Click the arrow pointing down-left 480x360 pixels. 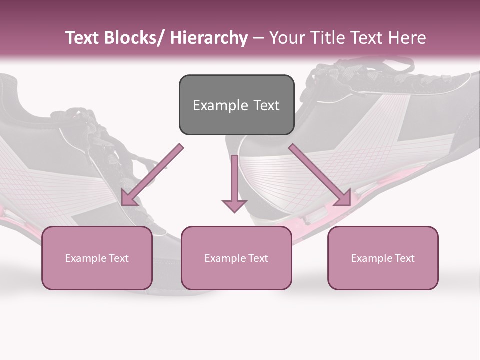(152, 175)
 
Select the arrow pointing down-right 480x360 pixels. (320, 175)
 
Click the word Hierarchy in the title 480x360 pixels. (209, 38)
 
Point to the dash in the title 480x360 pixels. (258, 38)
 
